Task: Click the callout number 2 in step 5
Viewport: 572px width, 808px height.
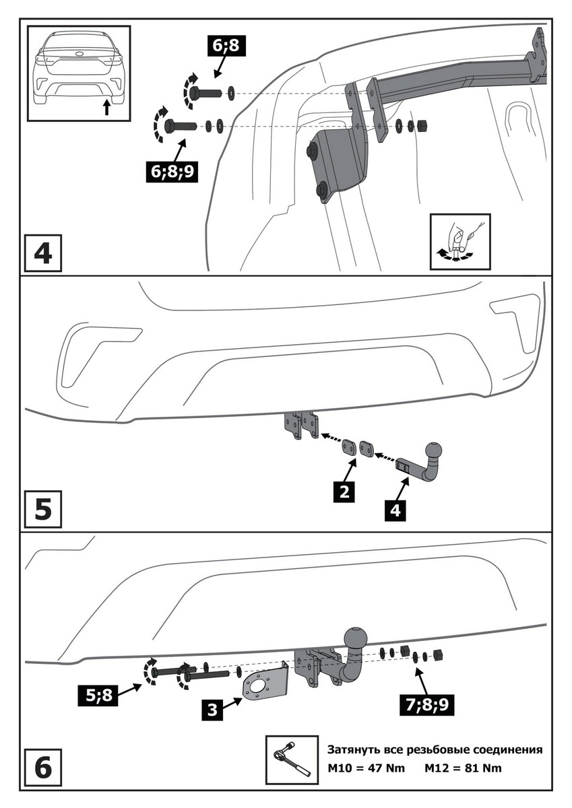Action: pyautogui.click(x=344, y=493)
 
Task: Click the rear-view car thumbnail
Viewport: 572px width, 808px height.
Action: pyautogui.click(x=79, y=73)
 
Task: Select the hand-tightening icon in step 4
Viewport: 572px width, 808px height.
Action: pyautogui.click(x=459, y=242)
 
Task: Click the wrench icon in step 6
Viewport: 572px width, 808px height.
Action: pyautogui.click(x=292, y=760)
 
